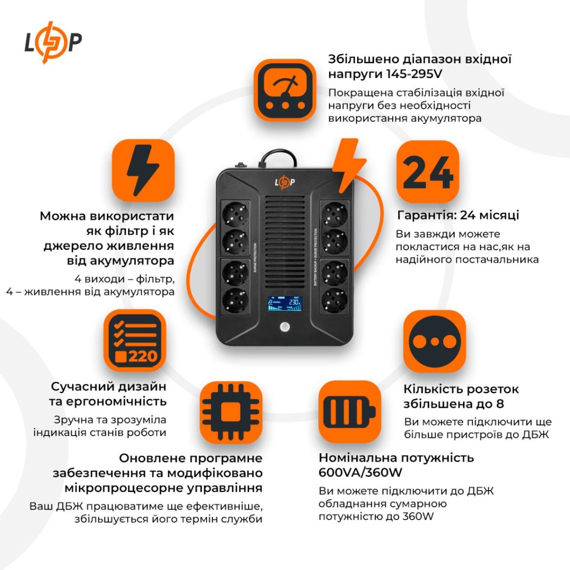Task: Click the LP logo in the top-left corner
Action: pyautogui.click(x=53, y=42)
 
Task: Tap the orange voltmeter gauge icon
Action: pyautogui.click(x=284, y=90)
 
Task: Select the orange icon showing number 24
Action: pyautogui.click(x=427, y=171)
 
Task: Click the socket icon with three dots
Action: pyautogui.click(x=434, y=341)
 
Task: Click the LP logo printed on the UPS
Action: pyautogui.click(x=285, y=182)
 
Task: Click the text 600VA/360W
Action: pyautogui.click(x=361, y=473)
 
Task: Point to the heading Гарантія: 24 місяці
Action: pyautogui.click(x=458, y=215)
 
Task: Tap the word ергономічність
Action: pyautogui.click(x=107, y=401)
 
